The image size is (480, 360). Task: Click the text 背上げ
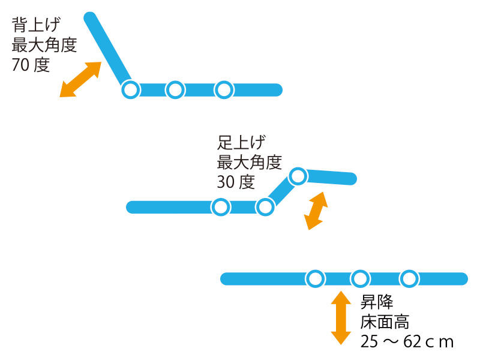(36, 25)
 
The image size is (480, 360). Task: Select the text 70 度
(31, 65)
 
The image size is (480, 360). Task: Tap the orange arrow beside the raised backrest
(80, 80)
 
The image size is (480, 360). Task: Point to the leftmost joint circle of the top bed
(131, 90)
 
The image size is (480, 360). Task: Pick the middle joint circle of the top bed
(175, 90)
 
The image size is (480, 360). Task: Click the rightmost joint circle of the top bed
(224, 90)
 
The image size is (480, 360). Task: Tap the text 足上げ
(241, 142)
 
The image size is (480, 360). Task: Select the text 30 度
(236, 182)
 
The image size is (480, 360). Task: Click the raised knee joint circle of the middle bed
(298, 176)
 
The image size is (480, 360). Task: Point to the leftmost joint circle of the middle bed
(220, 207)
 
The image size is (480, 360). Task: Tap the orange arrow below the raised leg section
(316, 211)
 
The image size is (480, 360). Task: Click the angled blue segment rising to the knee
(281, 191)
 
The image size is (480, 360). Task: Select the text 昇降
(377, 302)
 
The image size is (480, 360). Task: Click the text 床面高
(385, 322)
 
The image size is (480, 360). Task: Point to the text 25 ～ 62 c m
(407, 341)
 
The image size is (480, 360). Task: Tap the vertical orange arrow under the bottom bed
(341, 318)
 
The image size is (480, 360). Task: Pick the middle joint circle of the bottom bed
(360, 279)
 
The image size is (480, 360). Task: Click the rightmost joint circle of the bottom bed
(409, 279)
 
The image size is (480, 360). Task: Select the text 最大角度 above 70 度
(44, 44)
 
